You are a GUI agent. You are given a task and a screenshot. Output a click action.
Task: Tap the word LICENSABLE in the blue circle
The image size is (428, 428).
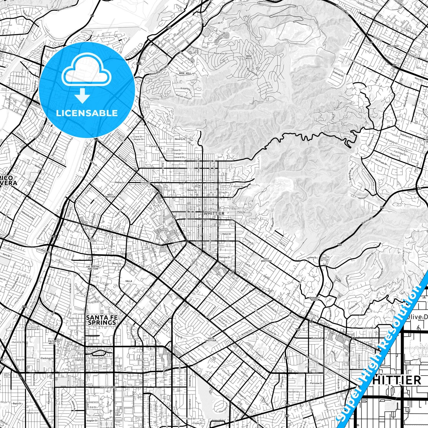87,113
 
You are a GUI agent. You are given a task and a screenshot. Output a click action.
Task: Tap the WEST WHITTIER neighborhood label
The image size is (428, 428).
110,195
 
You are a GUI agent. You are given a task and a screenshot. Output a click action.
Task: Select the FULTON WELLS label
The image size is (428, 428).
52,342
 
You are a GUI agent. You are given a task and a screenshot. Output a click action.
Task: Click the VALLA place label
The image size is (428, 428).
129,281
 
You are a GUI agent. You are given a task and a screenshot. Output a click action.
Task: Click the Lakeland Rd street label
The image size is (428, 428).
108,387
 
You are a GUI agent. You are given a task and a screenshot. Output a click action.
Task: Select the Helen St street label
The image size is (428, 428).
227,234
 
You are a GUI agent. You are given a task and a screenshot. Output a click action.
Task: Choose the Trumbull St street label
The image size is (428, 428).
192,358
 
